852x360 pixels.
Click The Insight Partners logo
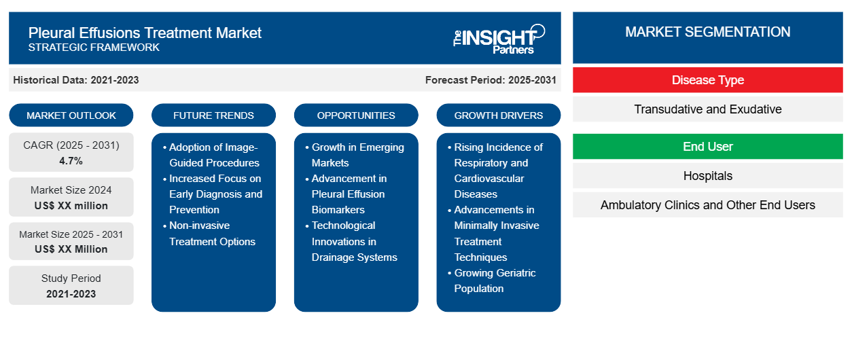click(499, 39)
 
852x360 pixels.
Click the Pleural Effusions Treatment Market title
click(145, 32)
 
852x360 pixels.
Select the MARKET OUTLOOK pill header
click(71, 115)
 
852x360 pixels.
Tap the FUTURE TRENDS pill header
click(213, 115)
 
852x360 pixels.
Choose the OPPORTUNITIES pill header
click(356, 115)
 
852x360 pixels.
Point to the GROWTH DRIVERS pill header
click(499, 115)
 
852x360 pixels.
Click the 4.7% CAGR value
click(71, 161)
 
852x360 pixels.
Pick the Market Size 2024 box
click(71, 197)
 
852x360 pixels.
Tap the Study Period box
click(71, 285)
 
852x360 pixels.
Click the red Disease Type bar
click(707, 80)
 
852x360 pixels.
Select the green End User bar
click(707, 147)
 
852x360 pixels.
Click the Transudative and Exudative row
click(707, 109)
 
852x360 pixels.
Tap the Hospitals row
click(707, 176)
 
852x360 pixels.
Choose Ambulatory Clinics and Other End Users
click(707, 204)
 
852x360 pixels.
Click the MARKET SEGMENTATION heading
click(707, 32)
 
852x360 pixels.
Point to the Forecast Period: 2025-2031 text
click(491, 79)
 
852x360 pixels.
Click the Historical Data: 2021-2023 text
click(76, 79)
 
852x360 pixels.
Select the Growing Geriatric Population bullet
click(495, 281)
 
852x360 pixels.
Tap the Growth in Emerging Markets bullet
click(357, 155)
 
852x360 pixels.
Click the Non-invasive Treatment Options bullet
click(212, 233)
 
